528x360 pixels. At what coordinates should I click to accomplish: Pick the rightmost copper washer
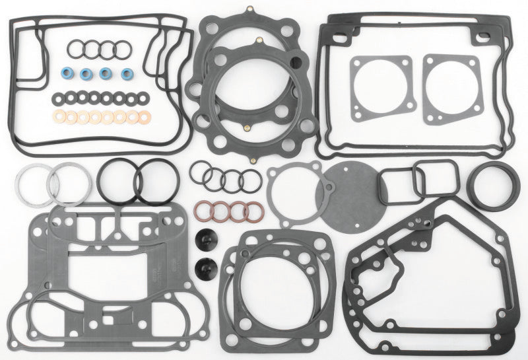point(142,117)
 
